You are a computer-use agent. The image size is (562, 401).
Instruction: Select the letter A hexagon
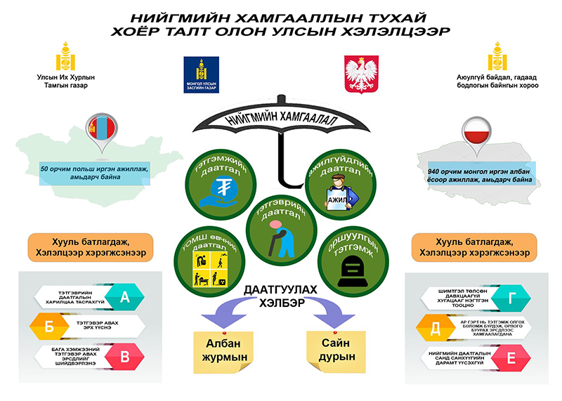(x=126, y=297)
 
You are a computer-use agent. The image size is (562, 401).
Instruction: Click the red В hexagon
(x=126, y=357)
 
